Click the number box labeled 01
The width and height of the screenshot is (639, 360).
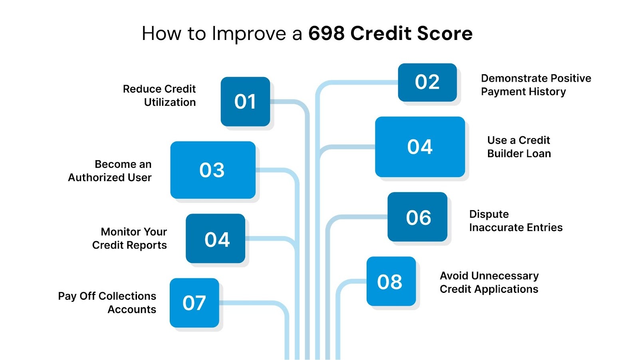click(x=245, y=101)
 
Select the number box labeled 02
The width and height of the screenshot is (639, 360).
click(x=427, y=82)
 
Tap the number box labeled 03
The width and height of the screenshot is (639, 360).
click(x=212, y=170)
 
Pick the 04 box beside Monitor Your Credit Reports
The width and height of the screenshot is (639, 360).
click(x=216, y=239)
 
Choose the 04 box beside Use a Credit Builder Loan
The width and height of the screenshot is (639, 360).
click(x=420, y=147)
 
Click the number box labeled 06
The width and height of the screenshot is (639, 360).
click(x=417, y=217)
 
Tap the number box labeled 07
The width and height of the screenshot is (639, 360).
click(x=194, y=303)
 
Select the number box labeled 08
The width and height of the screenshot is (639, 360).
click(x=391, y=281)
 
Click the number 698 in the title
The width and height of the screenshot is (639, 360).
click(x=326, y=33)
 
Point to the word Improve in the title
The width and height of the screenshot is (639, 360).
click(x=249, y=34)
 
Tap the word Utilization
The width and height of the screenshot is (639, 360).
click(x=170, y=102)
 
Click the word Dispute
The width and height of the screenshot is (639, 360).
click(x=489, y=215)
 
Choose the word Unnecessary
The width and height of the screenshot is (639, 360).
click(x=505, y=276)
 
